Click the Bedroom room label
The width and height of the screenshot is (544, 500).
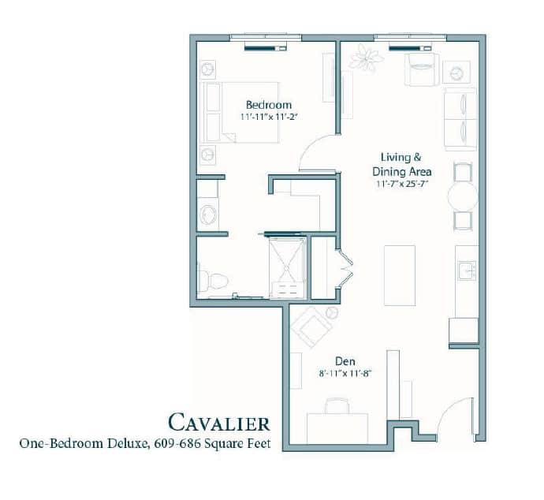pyautogui.click(x=269, y=105)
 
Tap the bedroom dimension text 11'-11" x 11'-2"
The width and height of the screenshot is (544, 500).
pyautogui.click(x=269, y=117)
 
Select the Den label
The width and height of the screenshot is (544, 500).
pyautogui.click(x=345, y=361)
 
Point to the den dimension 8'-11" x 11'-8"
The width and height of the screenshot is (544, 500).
pyautogui.click(x=345, y=373)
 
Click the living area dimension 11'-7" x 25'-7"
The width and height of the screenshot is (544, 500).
pyautogui.click(x=402, y=184)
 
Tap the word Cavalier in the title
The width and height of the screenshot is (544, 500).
pyautogui.click(x=219, y=423)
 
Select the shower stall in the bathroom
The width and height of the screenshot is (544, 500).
pyautogui.click(x=288, y=267)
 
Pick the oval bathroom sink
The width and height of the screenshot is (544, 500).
pyautogui.click(x=208, y=215)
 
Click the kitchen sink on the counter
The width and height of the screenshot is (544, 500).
pyautogui.click(x=467, y=271)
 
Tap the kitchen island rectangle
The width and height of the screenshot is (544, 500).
pyautogui.click(x=400, y=275)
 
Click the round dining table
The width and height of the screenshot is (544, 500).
pyautogui.click(x=463, y=196)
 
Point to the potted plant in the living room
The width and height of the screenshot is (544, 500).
pyautogui.click(x=366, y=58)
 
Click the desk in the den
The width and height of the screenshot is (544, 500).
pyautogui.click(x=337, y=428)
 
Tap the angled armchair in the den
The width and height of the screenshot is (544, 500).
pyautogui.click(x=312, y=326)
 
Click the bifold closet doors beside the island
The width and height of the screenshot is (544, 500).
pyautogui.click(x=345, y=268)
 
